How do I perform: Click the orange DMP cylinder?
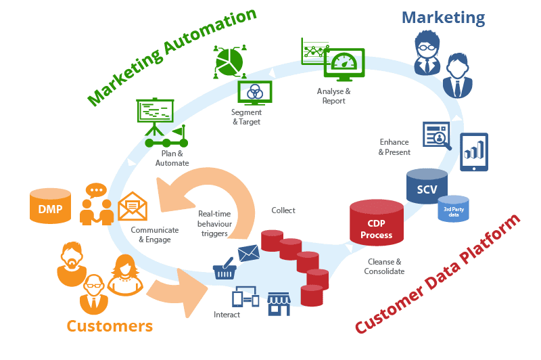[x=50, y=206]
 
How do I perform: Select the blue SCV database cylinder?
[x=427, y=186]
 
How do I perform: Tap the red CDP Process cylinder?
[x=377, y=223]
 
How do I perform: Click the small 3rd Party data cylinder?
[x=453, y=208]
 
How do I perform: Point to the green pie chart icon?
[x=229, y=62]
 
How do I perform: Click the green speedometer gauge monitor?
[x=344, y=64]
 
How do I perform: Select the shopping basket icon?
[x=225, y=268]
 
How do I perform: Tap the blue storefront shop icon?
[x=279, y=304]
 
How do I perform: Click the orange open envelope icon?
[x=133, y=206]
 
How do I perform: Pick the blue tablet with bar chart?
[x=474, y=152]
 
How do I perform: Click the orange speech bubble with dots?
[x=96, y=190]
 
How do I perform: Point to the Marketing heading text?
[x=444, y=18]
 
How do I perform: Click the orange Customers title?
[x=110, y=326]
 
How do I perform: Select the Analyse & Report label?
[x=333, y=96]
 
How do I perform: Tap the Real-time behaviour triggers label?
[x=214, y=224]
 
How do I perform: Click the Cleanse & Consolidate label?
[x=384, y=267]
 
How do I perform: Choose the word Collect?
[x=283, y=210]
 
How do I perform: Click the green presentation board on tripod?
[x=155, y=117]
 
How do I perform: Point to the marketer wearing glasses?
[x=427, y=53]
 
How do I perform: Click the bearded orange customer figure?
[x=72, y=264]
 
